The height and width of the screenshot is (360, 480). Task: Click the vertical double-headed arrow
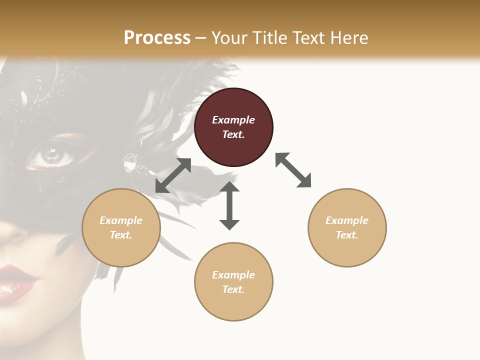click(x=229, y=205)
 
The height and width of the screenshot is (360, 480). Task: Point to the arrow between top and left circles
click(x=173, y=175)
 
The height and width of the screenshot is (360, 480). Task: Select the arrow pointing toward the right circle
click(x=293, y=170)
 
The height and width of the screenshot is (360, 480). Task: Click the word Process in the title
click(x=157, y=37)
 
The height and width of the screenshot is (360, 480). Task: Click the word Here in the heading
click(x=348, y=37)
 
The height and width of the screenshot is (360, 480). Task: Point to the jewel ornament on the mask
click(x=130, y=161)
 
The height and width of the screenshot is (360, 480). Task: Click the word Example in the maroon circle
click(x=233, y=120)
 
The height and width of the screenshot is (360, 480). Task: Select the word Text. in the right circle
click(x=347, y=235)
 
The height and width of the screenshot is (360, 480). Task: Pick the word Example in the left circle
click(x=121, y=220)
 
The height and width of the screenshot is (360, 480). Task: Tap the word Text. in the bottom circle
click(x=233, y=289)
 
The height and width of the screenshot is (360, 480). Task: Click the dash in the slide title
click(x=201, y=38)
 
